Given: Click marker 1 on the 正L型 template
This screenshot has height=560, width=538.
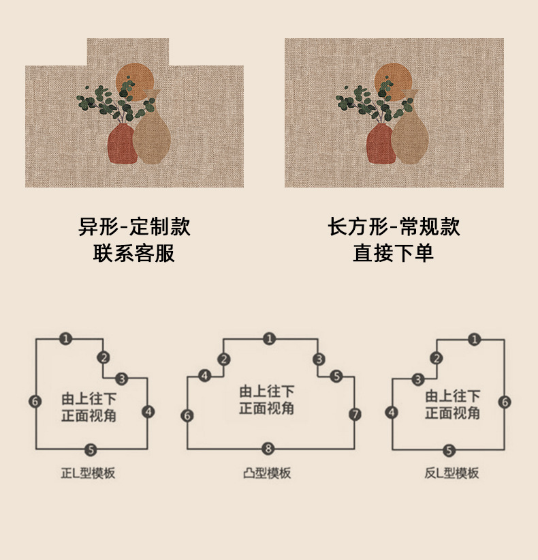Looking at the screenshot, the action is (x=65, y=338).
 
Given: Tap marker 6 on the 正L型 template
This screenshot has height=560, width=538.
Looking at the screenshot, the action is (x=35, y=401).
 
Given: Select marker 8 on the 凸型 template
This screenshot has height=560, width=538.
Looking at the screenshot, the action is (x=269, y=448).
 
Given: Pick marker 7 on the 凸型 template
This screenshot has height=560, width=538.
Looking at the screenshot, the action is (x=355, y=414).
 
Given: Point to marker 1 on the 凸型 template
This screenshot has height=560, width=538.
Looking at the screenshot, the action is (x=270, y=338).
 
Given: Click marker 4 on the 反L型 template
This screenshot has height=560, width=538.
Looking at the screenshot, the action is (x=392, y=412).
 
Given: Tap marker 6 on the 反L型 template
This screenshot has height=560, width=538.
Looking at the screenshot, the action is (x=505, y=402).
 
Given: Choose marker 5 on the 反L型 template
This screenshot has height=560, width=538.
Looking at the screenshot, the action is (x=449, y=450).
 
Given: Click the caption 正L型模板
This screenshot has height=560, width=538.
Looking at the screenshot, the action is (x=88, y=473).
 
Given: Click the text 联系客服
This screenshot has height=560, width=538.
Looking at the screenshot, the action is (x=134, y=253).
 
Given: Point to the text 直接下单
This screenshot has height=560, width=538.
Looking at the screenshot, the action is (x=394, y=253).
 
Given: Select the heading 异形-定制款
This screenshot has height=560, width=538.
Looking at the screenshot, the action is (x=134, y=226).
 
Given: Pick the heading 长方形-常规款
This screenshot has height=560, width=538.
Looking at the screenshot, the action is (x=394, y=226).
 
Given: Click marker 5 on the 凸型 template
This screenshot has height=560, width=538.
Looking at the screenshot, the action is (x=336, y=376).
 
